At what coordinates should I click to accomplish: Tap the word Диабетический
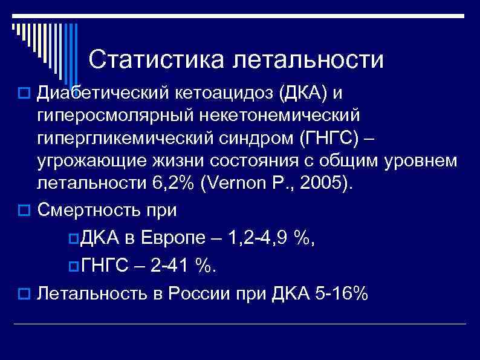pyautogui.click(x=103, y=93)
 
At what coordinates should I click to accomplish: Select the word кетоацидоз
pyautogui.click(x=229, y=93)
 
